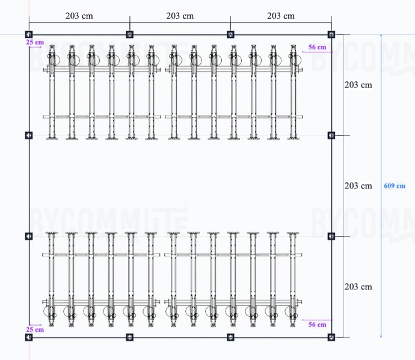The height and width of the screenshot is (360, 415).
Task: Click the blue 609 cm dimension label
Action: point(395,186)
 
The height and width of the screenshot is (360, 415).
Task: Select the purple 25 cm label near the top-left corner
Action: point(35,43)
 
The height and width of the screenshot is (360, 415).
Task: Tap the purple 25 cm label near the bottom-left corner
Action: point(35,329)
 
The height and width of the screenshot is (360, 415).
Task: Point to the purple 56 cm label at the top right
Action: point(317,47)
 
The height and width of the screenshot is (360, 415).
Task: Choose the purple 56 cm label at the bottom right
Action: point(317,324)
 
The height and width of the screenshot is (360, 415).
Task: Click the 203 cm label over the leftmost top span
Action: point(79,16)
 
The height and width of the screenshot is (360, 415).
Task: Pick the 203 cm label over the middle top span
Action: point(180,16)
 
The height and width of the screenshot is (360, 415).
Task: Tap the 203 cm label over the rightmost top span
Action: point(281,16)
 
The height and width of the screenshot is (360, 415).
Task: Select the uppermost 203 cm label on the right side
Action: point(358,85)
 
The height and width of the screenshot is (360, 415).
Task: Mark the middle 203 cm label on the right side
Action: point(358,186)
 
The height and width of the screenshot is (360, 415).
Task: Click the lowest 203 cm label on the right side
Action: point(358,287)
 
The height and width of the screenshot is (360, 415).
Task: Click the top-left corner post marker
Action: point(29,34)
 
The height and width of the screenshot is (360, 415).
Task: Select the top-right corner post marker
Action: point(331,34)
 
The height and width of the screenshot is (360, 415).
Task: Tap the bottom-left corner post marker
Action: point(29,338)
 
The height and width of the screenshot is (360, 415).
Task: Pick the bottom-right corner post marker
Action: point(331,338)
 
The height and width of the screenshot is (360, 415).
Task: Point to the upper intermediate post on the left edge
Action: point(29,135)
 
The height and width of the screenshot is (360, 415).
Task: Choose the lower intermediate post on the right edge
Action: point(331,237)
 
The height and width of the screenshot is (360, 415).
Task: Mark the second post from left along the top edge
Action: point(129,34)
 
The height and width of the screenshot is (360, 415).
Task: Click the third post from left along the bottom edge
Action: point(230,338)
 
